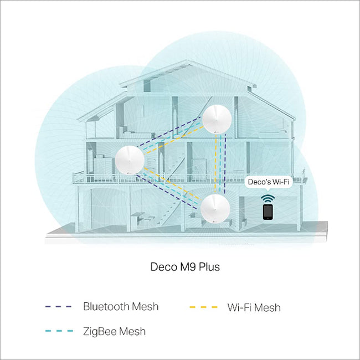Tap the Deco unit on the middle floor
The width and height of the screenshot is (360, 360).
coord(130,160)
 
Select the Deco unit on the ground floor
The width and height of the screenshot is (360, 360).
coord(215,208)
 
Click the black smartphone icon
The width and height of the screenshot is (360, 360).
coord(268,212)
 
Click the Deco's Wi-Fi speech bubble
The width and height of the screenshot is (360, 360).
coord(269,183)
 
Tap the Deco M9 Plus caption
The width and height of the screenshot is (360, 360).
coord(185,267)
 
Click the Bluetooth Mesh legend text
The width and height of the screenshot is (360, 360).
coord(121,306)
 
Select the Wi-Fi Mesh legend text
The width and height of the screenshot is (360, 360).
coord(254,307)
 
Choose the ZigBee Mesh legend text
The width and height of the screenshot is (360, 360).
coord(114,331)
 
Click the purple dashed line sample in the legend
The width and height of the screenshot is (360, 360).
coord(59,306)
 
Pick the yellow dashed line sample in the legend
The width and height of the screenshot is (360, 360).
coord(203,307)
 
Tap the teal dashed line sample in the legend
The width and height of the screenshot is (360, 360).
coord(59,331)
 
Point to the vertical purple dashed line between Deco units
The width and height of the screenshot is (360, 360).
coord(225,164)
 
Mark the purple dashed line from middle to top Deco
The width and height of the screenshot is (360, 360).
coord(169,131)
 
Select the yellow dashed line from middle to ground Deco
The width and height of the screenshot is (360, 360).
coord(173,184)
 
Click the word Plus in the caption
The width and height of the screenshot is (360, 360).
coord(209,267)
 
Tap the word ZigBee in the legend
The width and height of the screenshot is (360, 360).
coord(100,331)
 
